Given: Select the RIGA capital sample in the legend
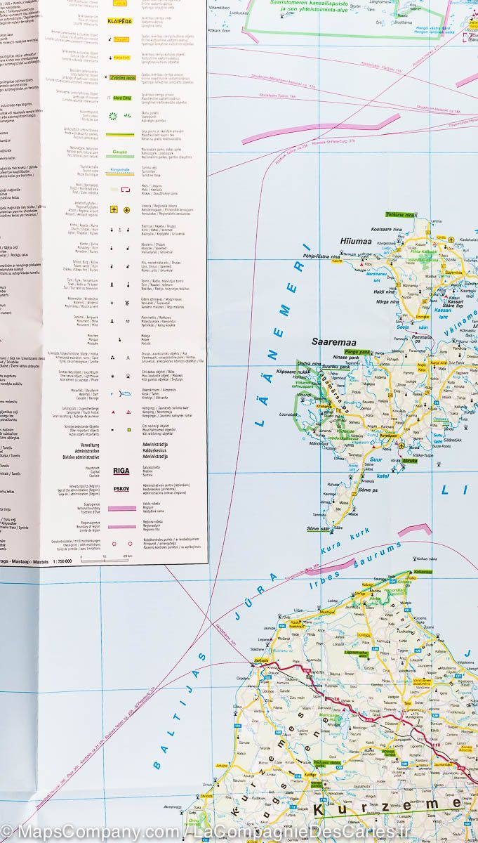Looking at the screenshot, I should (x=121, y=471).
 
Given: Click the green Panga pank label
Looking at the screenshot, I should (x=358, y=351).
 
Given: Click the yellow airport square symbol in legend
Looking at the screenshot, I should (x=113, y=209).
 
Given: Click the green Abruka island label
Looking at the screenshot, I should (x=410, y=460).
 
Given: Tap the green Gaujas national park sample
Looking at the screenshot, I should (x=119, y=151).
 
